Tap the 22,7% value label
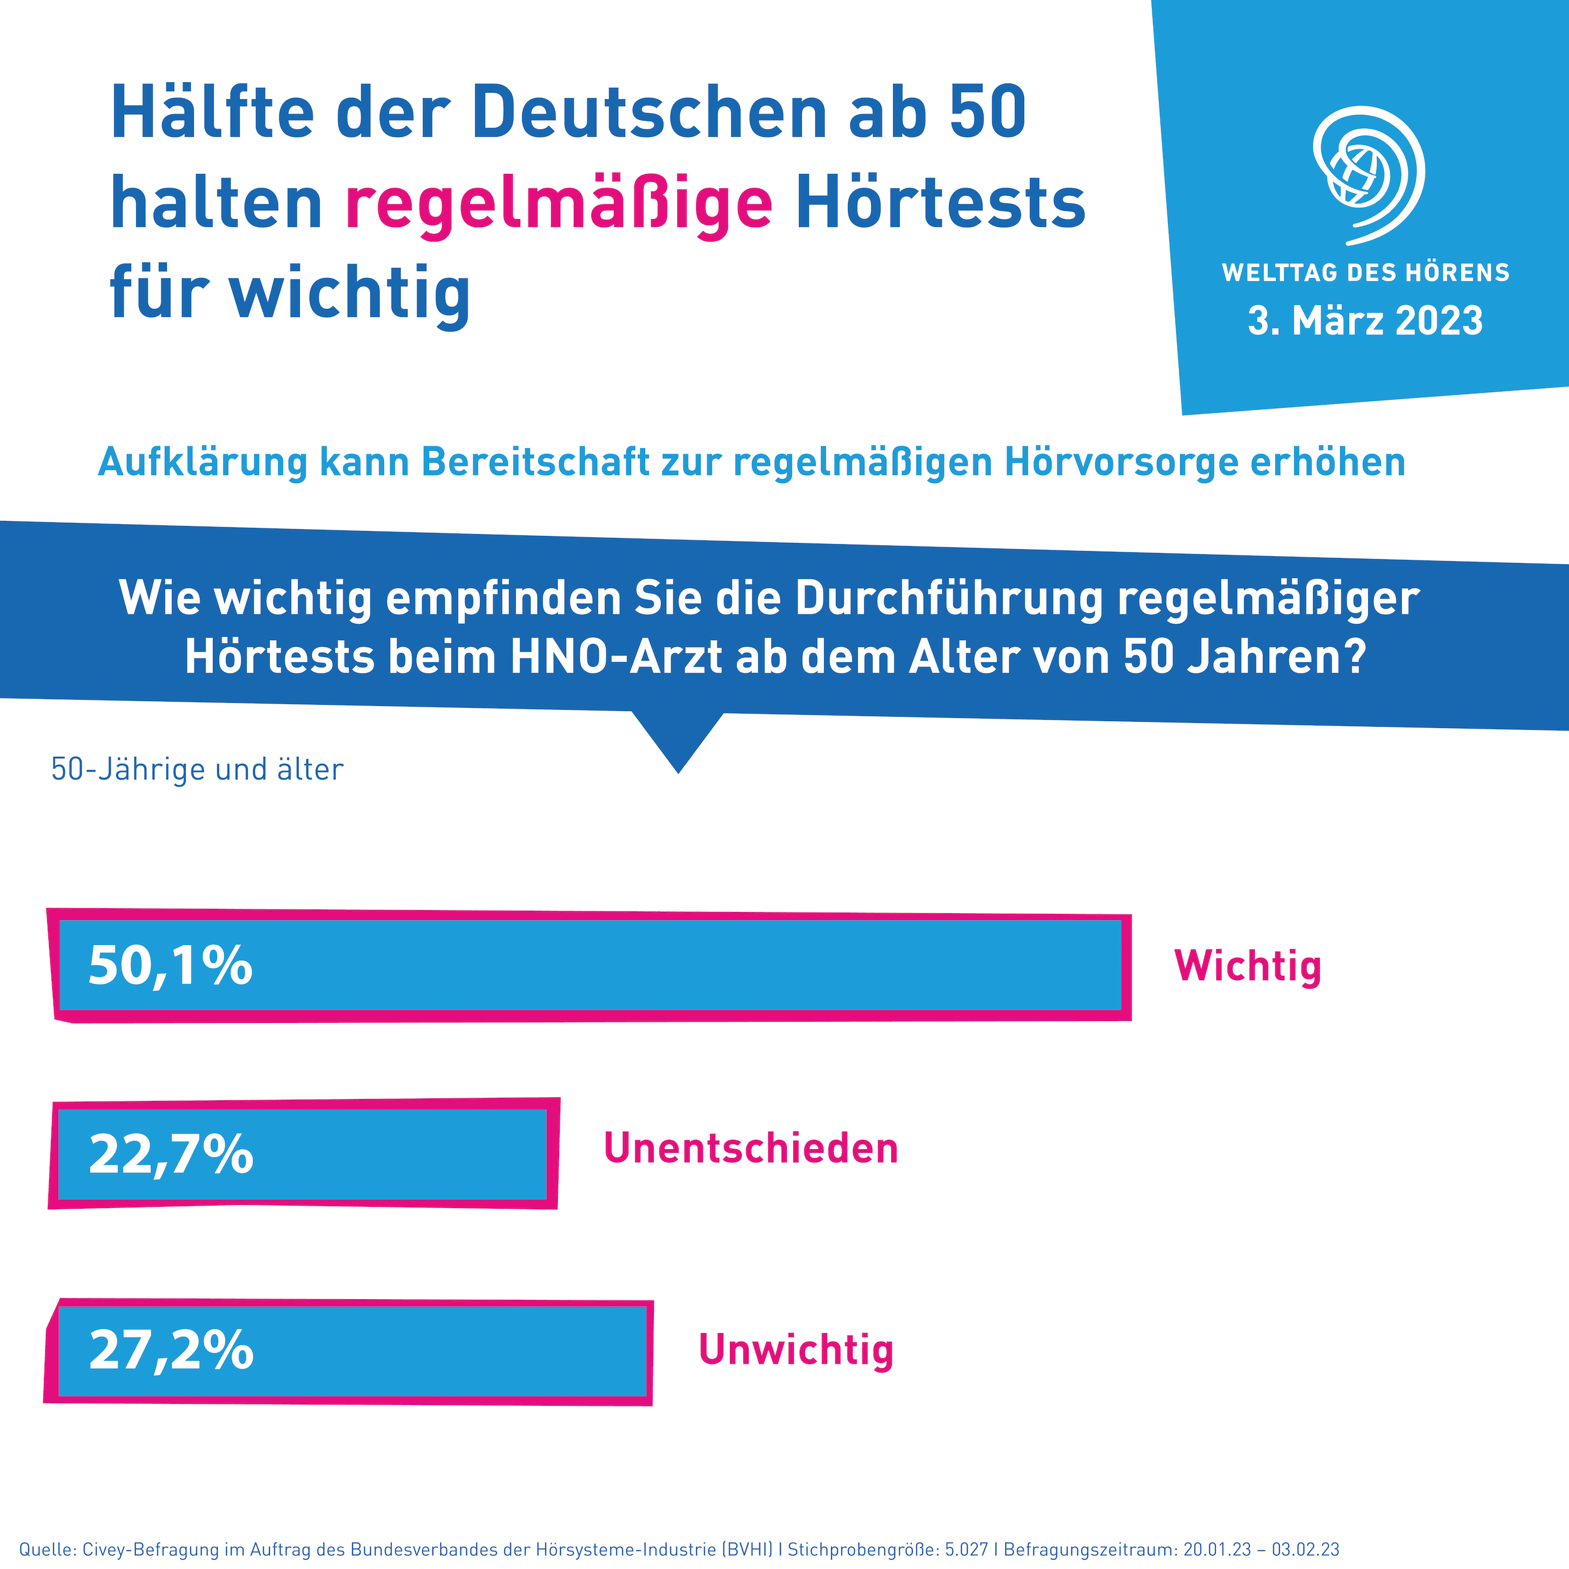point(171,1154)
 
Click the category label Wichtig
point(1248,967)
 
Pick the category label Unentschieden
point(751,1149)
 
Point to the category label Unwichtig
point(796,1350)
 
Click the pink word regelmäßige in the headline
point(559,205)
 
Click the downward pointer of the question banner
point(678,743)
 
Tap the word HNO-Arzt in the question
point(616,658)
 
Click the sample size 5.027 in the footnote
point(967,1550)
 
